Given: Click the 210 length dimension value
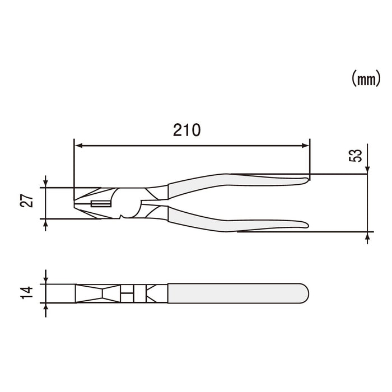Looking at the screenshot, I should tap(185, 131).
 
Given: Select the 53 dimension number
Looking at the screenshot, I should tap(355, 155).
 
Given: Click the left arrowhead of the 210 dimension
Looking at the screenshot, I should tap(78, 146).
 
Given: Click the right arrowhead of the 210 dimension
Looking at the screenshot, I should tap(305, 146).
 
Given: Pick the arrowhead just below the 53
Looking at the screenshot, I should tap(367, 170).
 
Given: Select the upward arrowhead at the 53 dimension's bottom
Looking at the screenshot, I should tap(367, 235).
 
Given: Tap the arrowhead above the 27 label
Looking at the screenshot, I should tap(45, 183).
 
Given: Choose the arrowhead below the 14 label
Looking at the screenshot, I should tap(45, 306).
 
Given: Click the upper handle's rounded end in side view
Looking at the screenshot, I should tap(305, 179).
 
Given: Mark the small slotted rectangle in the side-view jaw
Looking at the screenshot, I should tap(100, 204).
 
